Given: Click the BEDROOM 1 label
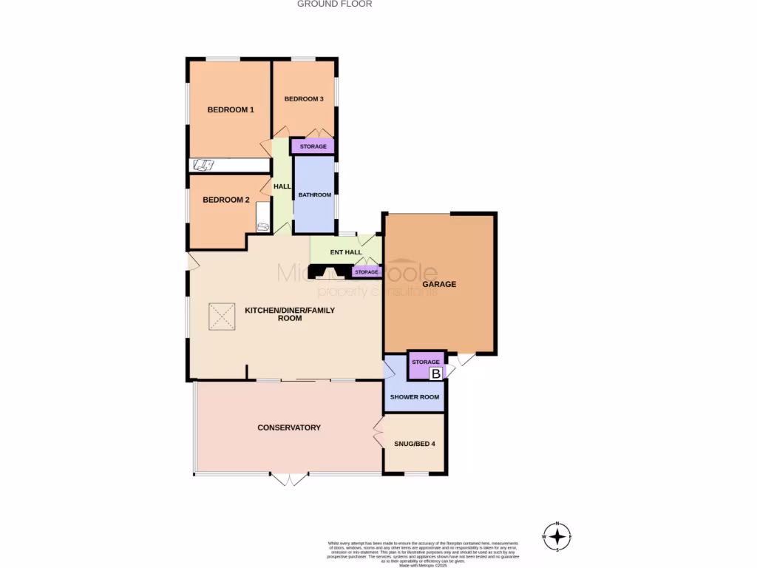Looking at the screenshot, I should (x=231, y=110).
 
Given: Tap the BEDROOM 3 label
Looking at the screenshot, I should (x=304, y=99).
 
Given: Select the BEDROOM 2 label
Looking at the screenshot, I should (x=226, y=200).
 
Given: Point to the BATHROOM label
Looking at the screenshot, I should (x=314, y=195).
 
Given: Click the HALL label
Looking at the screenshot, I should (x=282, y=186).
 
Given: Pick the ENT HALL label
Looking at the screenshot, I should (x=346, y=252).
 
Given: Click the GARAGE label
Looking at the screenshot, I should (x=439, y=284).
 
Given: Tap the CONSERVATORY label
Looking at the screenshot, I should (x=288, y=427).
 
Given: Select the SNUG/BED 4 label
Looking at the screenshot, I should (x=414, y=444).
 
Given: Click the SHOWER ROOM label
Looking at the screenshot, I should (x=415, y=397).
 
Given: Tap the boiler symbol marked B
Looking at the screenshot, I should (x=436, y=374).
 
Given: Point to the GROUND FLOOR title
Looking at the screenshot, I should (x=334, y=4).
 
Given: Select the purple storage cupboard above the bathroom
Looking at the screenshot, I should (x=313, y=146).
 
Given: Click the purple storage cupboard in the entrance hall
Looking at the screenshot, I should (x=367, y=272).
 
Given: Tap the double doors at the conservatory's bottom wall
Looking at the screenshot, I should (x=288, y=479).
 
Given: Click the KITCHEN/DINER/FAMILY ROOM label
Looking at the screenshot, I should (x=289, y=314).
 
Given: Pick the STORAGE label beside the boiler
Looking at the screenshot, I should (x=426, y=362).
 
